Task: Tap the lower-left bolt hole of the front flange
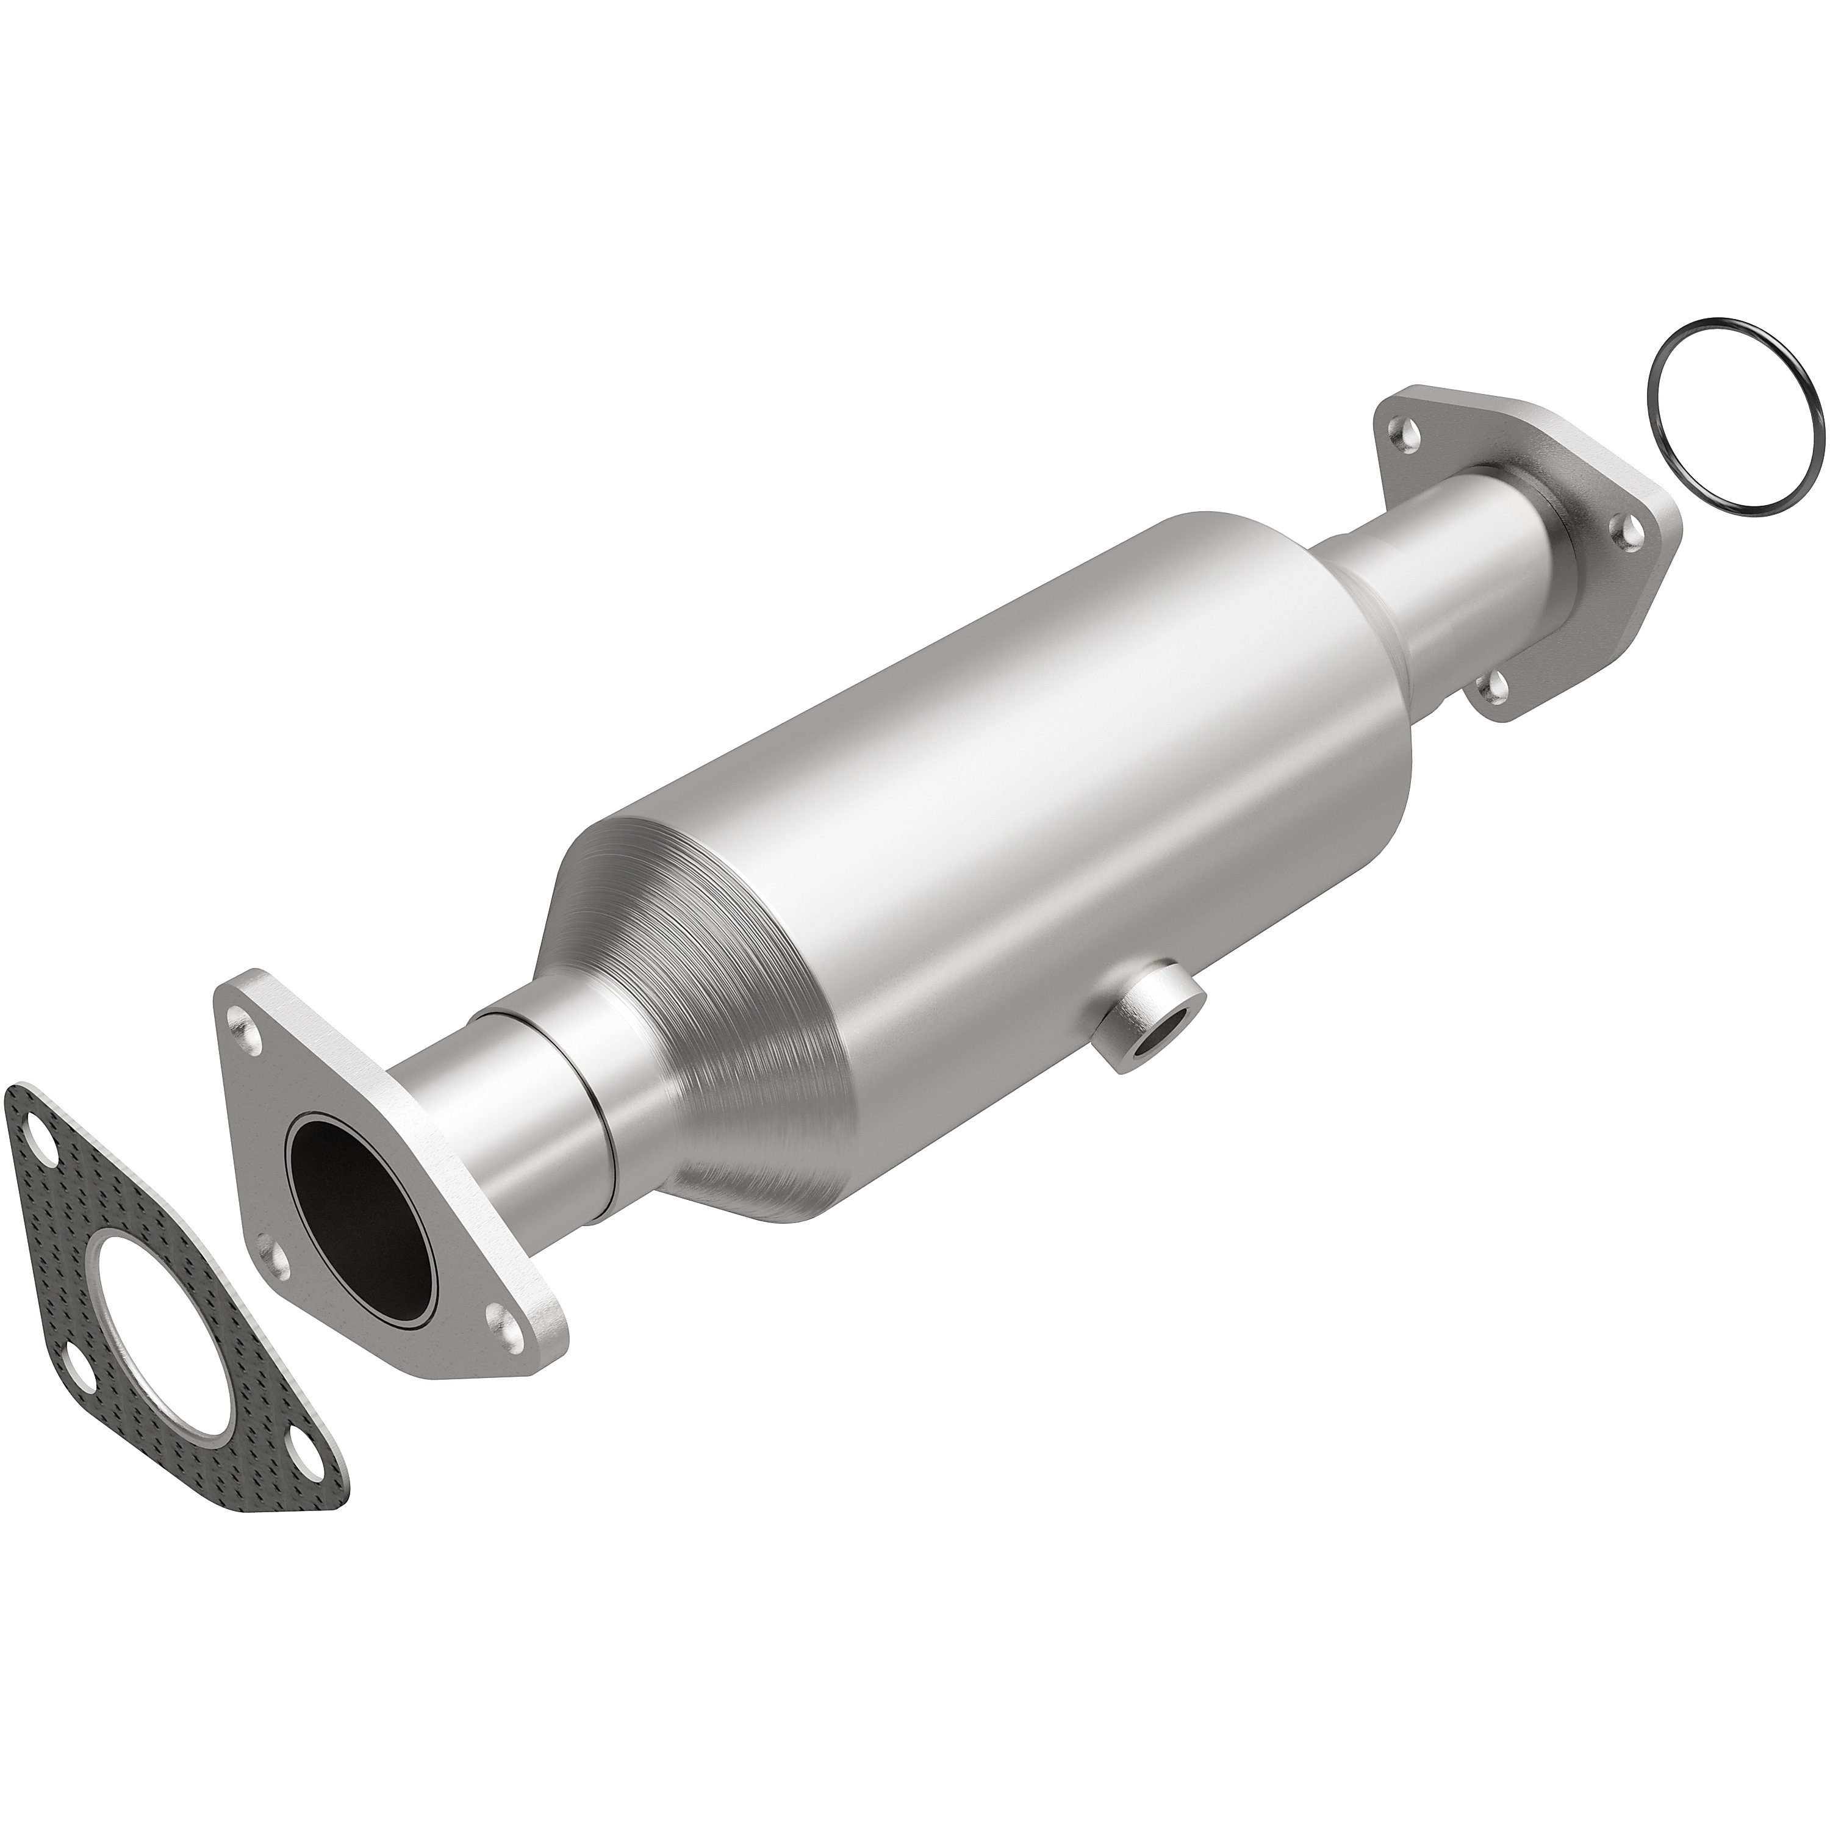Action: coord(274,1254)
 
